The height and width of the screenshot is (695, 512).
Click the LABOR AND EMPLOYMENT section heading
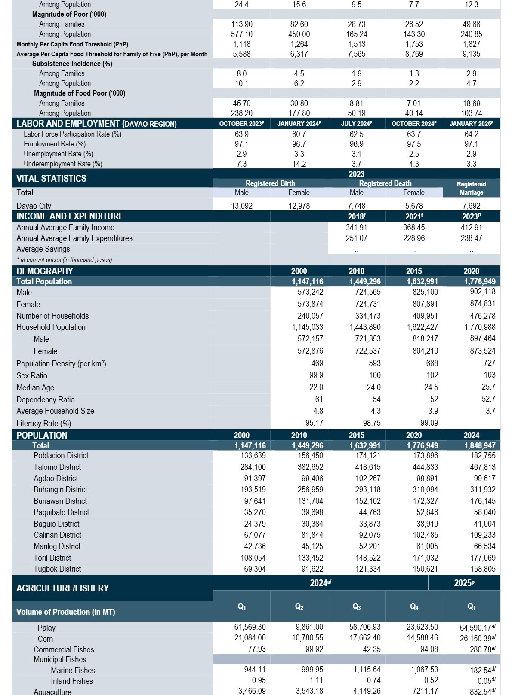tap(96, 123)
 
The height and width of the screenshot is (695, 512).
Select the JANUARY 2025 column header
tap(471, 123)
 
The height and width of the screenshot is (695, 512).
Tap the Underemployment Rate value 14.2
tap(299, 164)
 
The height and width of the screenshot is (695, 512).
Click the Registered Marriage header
tap(471, 188)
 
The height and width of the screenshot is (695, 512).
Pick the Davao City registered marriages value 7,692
tap(471, 206)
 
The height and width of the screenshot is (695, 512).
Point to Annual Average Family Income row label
tap(65, 227)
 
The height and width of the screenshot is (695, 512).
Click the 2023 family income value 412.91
tap(471, 227)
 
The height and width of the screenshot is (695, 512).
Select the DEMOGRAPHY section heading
tap(44, 271)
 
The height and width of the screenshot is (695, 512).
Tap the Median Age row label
tap(35, 387)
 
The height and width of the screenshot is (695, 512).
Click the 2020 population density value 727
tap(490, 363)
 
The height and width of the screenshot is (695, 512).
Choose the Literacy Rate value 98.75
tap(372, 423)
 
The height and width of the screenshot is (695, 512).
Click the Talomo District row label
tap(57, 467)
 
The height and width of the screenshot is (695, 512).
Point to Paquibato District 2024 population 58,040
tap(484, 512)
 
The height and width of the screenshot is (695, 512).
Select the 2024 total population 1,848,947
tap(480, 445)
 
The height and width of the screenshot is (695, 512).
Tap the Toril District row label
tap(52, 558)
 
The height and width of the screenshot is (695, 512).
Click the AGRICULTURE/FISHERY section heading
tap(62, 588)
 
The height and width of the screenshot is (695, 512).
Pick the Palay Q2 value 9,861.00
tap(309, 627)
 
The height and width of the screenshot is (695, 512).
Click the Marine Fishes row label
tap(73, 670)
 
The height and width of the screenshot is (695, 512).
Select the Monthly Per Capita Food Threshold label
tap(72, 44)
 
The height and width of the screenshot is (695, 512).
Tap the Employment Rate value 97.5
tap(414, 144)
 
